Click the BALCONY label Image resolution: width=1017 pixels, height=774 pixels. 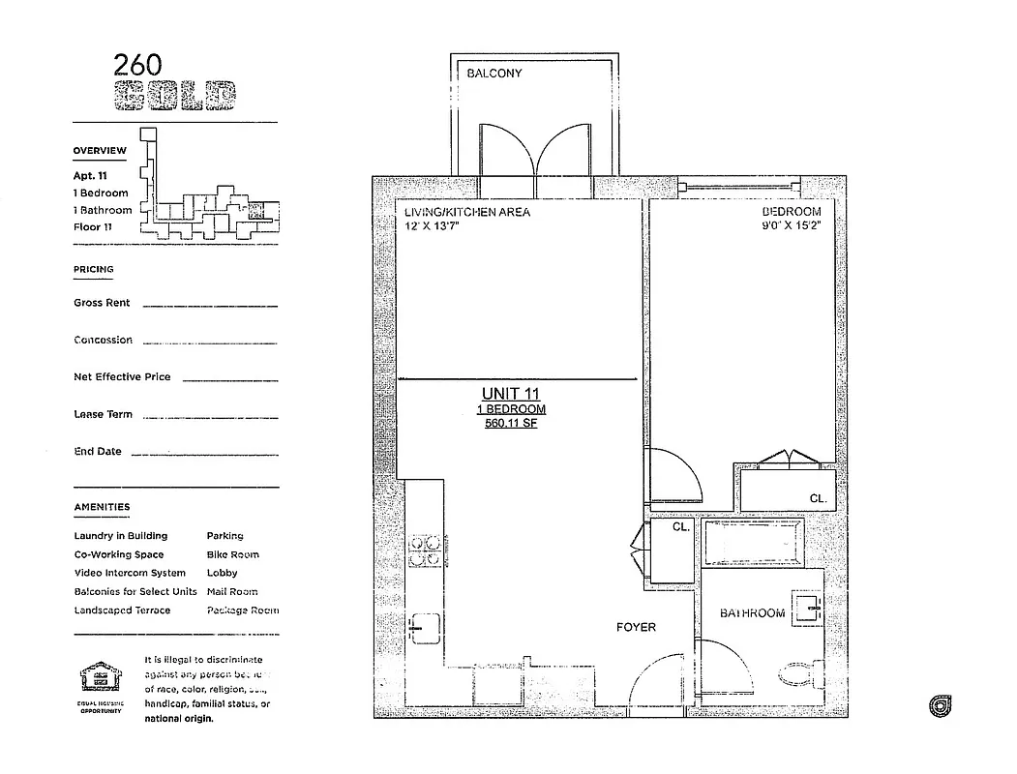[x=494, y=74]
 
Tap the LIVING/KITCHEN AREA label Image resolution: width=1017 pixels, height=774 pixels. [x=467, y=212]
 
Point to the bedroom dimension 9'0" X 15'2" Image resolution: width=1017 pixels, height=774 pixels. [x=791, y=225]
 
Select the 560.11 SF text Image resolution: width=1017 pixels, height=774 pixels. [x=510, y=423]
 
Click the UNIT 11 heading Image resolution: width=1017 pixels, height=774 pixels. [x=510, y=394]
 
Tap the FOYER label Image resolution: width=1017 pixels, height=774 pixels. [x=636, y=627]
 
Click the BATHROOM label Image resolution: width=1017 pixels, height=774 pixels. [x=752, y=613]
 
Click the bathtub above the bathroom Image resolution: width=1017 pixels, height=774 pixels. [x=752, y=544]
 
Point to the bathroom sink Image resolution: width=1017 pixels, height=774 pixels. [x=805, y=606]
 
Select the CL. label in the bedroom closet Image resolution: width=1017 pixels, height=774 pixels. [x=817, y=498]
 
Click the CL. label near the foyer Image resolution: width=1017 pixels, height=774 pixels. [x=680, y=528]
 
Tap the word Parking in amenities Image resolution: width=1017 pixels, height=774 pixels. [x=224, y=535]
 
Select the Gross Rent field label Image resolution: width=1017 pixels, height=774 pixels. [x=102, y=303]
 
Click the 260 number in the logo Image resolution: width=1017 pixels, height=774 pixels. [x=137, y=65]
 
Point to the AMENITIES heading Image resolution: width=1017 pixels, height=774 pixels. [x=102, y=507]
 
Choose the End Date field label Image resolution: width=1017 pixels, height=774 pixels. [x=98, y=452]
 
